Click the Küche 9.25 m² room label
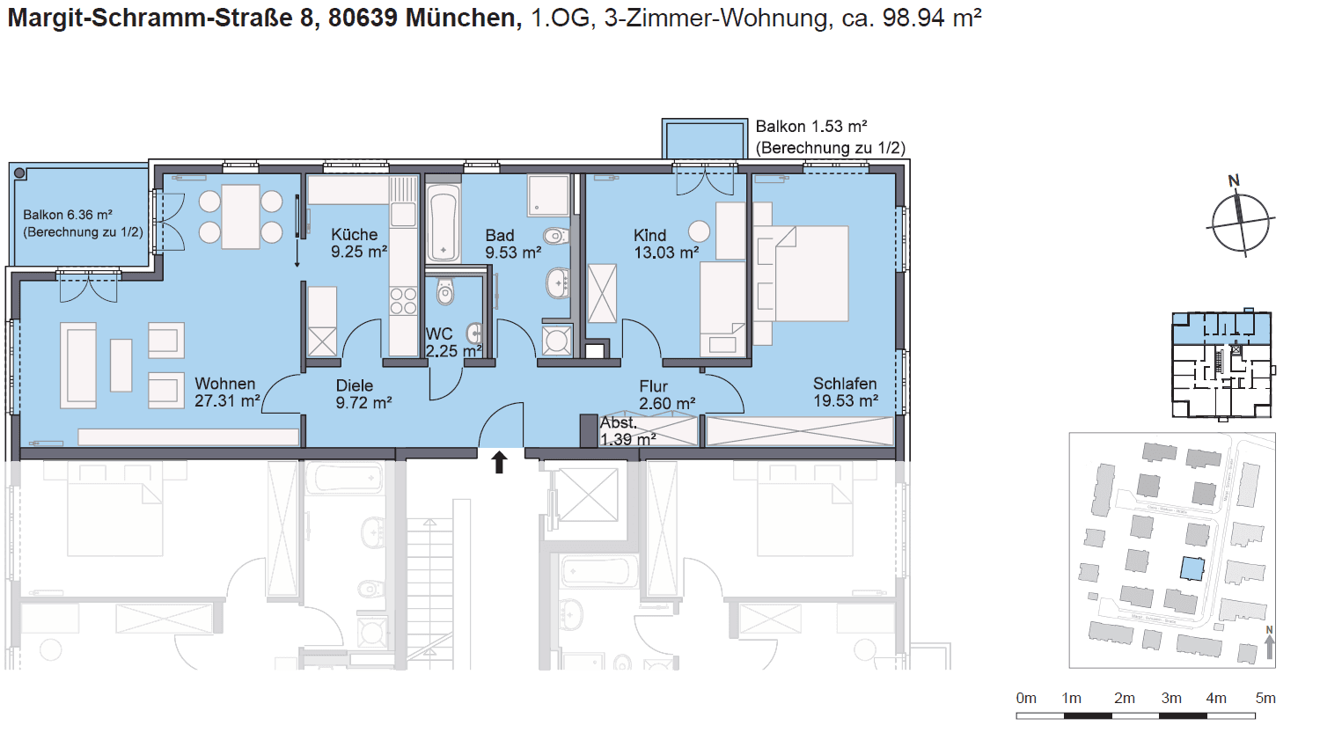tap(358, 243)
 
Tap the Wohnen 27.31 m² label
tap(226, 392)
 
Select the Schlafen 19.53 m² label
tap(845, 392)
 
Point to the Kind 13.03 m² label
tap(665, 244)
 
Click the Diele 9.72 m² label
tap(363, 394)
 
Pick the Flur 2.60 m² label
tap(666, 395)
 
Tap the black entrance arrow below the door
tap(499, 462)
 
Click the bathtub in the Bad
tap(443, 223)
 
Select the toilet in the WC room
tap(445, 291)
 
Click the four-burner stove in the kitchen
tap(403, 301)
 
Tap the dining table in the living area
tap(240, 216)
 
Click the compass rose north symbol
tap(1241, 221)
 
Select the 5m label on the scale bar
tap(1265, 698)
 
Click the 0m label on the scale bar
tap(1026, 698)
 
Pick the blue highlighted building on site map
tap(1192, 568)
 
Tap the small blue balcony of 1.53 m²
tap(705, 140)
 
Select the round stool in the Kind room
tap(699, 231)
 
